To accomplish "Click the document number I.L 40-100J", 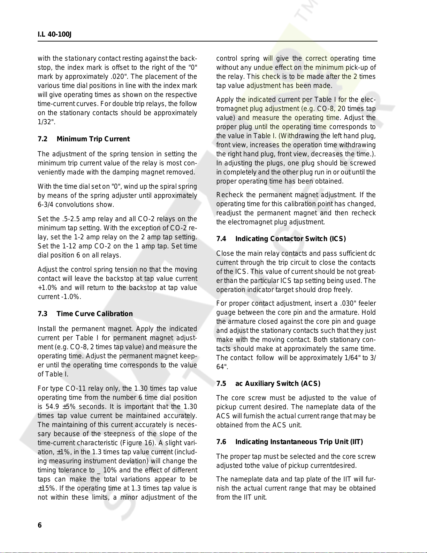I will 54,35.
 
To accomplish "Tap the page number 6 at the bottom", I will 40,525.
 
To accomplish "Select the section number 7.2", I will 43,139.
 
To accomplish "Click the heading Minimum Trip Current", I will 93,139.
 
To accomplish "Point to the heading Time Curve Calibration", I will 94,314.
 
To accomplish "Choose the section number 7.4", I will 221,239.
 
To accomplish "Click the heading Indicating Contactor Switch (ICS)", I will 290,239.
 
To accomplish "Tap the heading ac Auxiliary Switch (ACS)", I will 278,383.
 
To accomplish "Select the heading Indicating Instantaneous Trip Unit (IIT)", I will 299,442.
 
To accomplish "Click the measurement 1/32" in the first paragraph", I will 45,122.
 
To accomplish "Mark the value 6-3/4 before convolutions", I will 45,204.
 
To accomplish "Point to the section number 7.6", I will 221,442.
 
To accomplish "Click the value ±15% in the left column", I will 45,488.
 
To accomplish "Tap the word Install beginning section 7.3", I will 47,329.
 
